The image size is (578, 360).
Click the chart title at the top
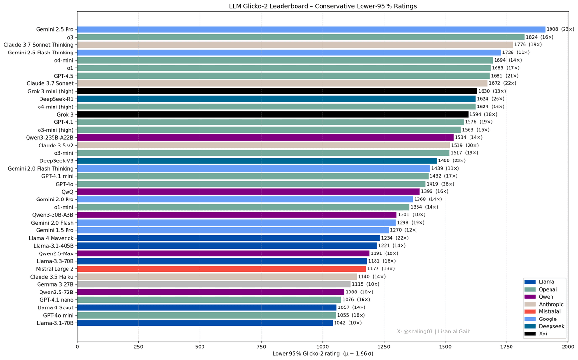(323, 6)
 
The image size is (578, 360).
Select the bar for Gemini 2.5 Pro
(311, 29)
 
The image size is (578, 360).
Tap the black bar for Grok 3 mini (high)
(277, 91)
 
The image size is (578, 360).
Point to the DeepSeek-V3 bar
(256, 160)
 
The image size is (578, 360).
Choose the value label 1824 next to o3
(532, 37)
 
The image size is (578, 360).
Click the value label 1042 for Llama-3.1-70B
(340, 323)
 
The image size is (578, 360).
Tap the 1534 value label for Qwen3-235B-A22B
(461, 137)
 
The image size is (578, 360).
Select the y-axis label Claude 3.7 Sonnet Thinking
(39, 45)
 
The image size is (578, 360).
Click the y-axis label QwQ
(67, 191)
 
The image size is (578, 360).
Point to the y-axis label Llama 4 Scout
(55, 307)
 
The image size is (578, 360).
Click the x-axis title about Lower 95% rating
(323, 354)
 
